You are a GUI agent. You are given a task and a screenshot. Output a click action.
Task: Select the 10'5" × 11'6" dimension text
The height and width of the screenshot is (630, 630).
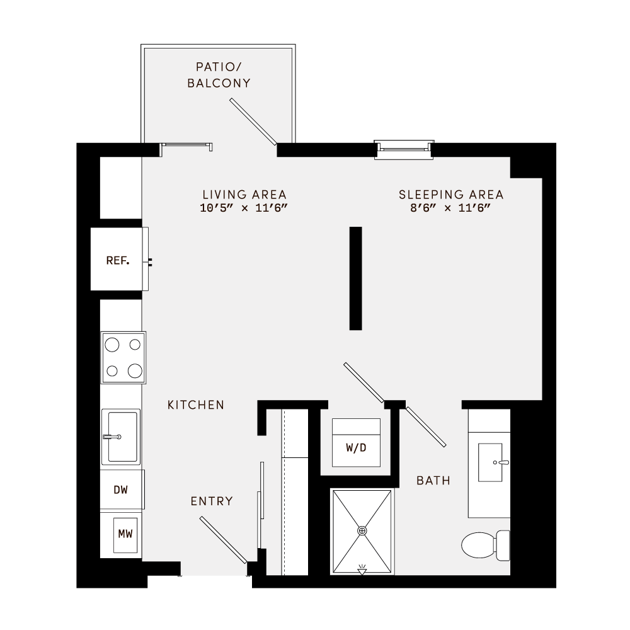244,209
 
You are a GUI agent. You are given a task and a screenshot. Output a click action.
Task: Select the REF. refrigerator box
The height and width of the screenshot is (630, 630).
117,260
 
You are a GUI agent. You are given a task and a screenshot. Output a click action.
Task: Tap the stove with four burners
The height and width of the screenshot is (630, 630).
123,357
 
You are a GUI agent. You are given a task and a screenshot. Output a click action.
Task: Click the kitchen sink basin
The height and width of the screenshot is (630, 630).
122,437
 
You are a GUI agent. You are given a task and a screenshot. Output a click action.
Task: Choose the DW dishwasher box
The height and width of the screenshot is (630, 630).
122,490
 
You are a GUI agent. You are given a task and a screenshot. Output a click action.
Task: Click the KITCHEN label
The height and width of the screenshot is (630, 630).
195,405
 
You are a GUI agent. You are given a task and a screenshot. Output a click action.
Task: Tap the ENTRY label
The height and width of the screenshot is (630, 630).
212,501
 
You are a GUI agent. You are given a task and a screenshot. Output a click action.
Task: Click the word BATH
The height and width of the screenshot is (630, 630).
433,481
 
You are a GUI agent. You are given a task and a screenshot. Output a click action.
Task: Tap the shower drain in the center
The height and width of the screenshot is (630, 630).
362,531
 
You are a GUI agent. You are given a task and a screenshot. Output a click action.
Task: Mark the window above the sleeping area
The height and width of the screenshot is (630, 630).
404,148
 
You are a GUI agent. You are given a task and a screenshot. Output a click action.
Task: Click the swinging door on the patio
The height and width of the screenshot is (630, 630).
253,122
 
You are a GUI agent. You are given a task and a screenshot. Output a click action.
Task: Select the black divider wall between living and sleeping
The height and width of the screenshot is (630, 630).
356,278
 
